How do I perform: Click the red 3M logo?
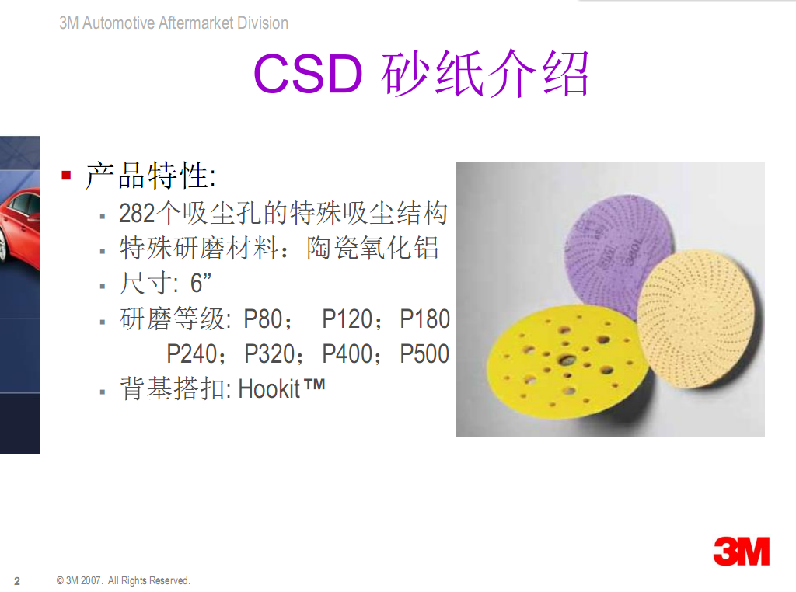point(741,552)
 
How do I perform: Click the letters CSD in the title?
point(308,74)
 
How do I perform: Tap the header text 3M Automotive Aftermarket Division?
point(173,23)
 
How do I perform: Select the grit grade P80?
point(263,319)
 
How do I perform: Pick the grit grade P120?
point(347,319)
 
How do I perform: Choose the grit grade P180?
point(425,319)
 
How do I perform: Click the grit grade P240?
point(192,353)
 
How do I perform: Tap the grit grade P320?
point(270,353)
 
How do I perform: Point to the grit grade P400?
point(347,353)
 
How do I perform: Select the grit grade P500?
point(425,353)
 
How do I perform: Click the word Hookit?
point(269,389)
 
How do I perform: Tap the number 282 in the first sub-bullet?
point(137,213)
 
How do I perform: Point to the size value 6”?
point(201,283)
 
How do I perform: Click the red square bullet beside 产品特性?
point(66,176)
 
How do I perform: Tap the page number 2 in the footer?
point(17,581)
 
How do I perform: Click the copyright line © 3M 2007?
point(123,580)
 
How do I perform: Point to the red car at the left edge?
point(19,228)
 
